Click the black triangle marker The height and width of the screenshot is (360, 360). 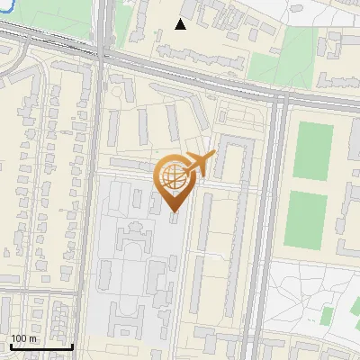pos(181,24)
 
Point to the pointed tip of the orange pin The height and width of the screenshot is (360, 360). pos(174,211)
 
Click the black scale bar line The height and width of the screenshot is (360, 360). pos(41,347)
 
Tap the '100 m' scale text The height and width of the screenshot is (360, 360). pos(24,338)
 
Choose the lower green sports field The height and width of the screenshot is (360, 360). pos(306,220)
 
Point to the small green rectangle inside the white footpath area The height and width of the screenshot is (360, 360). pos(328,315)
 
